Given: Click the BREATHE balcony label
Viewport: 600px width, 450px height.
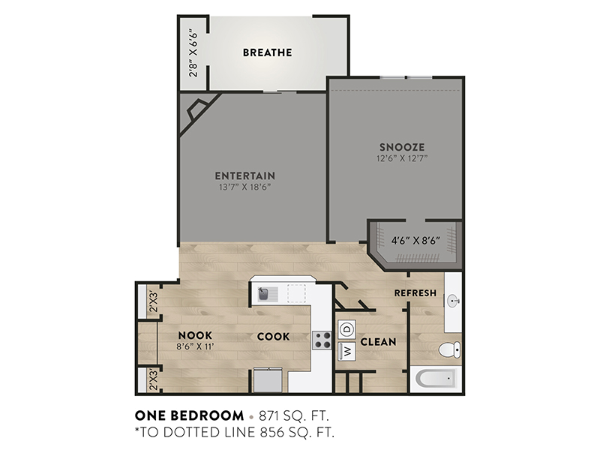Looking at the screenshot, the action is pos(267,52).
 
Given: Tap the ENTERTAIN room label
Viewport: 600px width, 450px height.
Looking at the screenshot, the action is pos(245,175).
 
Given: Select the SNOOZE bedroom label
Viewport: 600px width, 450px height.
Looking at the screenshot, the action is pos(402,147).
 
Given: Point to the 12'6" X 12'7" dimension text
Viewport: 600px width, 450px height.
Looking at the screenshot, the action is pos(402,158).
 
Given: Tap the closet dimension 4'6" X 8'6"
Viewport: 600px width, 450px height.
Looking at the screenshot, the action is pos(415,241).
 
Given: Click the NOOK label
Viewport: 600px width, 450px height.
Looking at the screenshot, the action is pos(195,335).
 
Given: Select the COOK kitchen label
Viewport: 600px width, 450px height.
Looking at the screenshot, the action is pos(273,337).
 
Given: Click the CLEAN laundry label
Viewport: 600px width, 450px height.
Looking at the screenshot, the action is pos(378,342).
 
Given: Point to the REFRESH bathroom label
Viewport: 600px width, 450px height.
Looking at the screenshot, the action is pos(415,293).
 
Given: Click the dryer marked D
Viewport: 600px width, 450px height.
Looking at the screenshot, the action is pos(347,329).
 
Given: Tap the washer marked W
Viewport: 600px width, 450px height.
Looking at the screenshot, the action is pos(347,351).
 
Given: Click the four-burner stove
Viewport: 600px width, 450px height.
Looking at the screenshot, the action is pos(322,340).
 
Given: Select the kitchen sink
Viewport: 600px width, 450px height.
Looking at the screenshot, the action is pos(268,294).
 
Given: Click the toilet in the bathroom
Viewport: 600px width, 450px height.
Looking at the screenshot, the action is pos(450,349).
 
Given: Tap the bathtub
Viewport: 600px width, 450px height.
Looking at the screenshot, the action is pos(436,379).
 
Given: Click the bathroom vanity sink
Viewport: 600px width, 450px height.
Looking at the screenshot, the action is pos(454,301).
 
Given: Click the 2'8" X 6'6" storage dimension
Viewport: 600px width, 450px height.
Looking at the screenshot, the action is pos(194,52).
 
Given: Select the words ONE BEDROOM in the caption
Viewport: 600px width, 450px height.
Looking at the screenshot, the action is pos(189,415).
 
